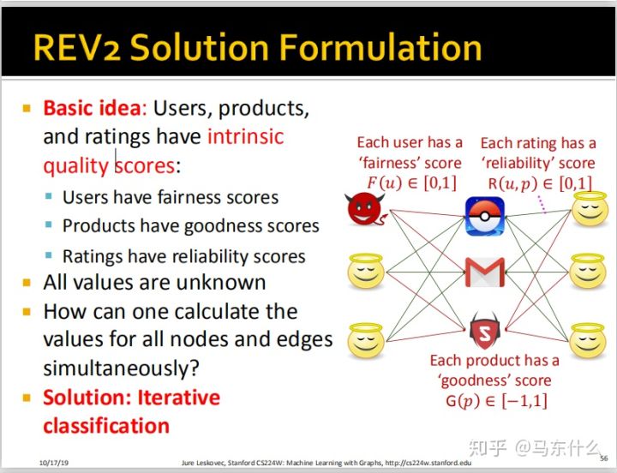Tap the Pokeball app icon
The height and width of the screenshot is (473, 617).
pos(482,216)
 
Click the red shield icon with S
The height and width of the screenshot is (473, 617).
pos(484,329)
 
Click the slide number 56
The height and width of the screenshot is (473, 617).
pos(603,459)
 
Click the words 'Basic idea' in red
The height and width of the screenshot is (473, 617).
pos(91,109)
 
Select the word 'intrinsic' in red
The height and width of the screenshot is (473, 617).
pos(245,136)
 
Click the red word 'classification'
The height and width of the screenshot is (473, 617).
pos(105,426)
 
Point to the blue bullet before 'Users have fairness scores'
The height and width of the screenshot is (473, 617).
pos(50,198)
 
